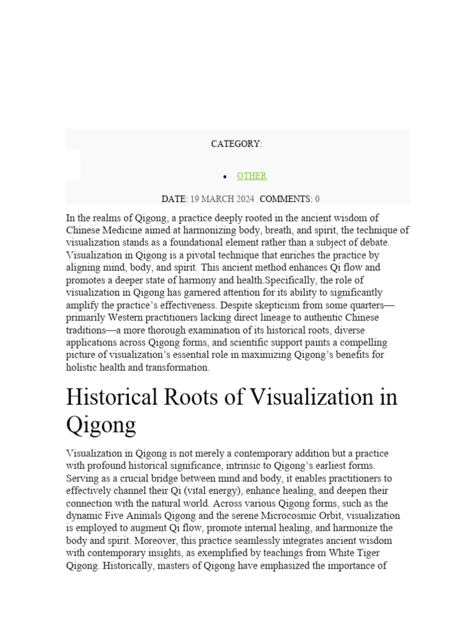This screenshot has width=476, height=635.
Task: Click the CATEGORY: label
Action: [x=236, y=144]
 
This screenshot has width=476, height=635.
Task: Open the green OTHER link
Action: [x=252, y=176]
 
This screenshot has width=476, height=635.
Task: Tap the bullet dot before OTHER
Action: [x=225, y=177]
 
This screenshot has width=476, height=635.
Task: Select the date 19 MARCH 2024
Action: [x=222, y=199]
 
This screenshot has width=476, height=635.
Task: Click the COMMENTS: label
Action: [x=286, y=199]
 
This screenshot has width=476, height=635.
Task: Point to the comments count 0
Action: [x=317, y=199]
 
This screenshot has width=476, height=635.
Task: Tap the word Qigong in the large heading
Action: [x=100, y=425]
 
